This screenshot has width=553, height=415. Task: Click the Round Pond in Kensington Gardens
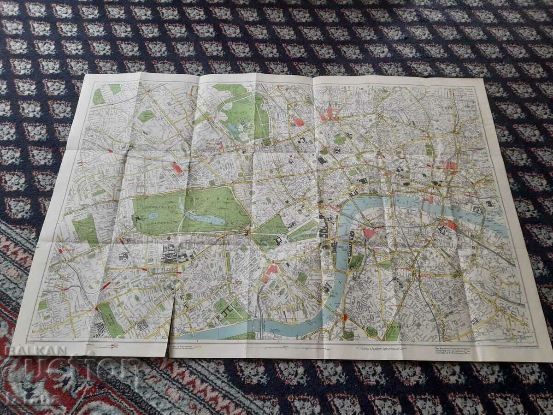coord(154,215)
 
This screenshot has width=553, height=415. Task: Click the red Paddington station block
coord(177,168)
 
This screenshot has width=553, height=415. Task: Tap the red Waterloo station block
coord(369,233)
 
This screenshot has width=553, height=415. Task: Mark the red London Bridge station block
coord(451,226)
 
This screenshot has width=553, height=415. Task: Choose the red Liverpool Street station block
coord(451,166)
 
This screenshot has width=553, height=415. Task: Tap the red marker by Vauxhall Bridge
coord(345,317)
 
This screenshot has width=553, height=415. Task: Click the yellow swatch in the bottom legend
coord(198,346)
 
